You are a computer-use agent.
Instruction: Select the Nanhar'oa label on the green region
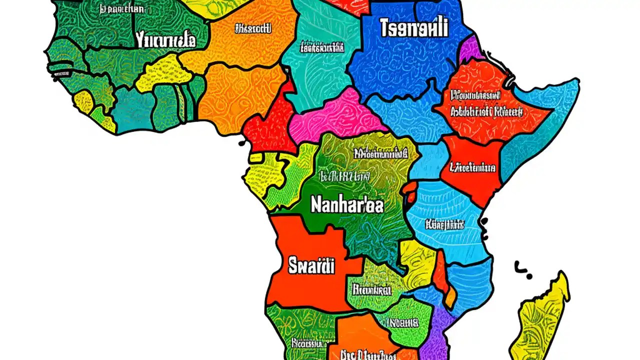click(347, 204)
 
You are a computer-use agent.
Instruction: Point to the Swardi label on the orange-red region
click(311, 266)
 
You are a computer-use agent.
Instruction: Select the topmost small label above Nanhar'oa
click(378, 153)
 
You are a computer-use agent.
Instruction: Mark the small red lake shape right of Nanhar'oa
click(409, 192)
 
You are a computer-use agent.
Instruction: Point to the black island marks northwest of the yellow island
click(523, 269)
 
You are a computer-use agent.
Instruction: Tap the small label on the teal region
click(322, 48)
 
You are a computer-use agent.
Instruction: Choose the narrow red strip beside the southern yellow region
click(440, 272)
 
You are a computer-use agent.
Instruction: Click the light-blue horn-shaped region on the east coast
click(545, 120)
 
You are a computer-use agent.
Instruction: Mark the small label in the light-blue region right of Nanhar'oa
click(445, 224)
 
